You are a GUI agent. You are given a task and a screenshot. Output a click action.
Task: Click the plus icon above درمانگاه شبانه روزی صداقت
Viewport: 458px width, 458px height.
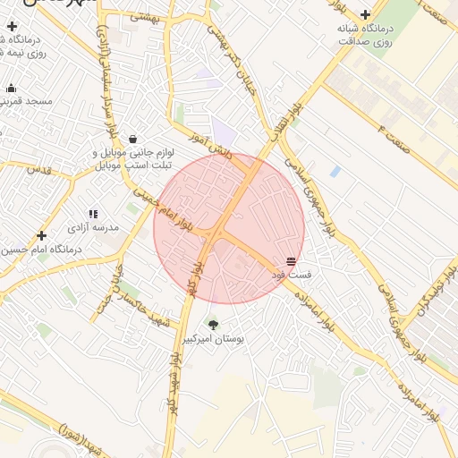[x=365, y=13]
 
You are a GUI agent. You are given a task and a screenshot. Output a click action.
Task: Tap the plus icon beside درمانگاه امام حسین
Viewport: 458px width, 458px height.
[x=41, y=235]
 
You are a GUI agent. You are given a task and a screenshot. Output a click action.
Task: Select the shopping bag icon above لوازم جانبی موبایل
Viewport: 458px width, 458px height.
[x=133, y=139]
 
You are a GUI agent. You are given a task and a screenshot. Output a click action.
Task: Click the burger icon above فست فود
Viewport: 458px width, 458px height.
[x=292, y=260]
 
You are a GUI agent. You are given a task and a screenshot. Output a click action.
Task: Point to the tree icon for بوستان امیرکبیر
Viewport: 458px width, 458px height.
[x=213, y=324]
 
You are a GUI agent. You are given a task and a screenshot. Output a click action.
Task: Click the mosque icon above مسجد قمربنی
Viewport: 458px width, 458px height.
[x=11, y=88]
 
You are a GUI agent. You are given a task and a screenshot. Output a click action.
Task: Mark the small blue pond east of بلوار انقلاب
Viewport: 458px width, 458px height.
[x=335, y=171]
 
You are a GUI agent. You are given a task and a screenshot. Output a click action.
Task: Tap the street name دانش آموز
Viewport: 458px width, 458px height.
[x=210, y=146]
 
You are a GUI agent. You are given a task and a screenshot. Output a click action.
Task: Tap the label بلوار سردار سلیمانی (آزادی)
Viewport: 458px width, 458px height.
[x=106, y=62]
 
